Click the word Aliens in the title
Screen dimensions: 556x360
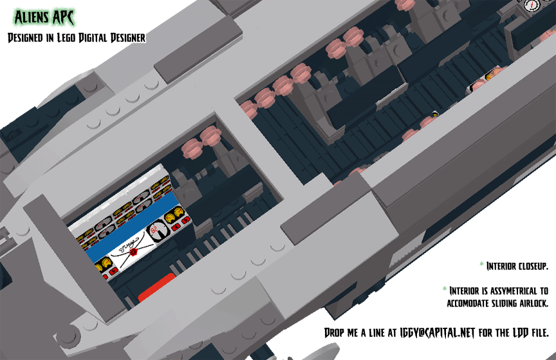(x=32, y=17)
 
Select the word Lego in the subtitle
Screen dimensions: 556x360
(x=66, y=37)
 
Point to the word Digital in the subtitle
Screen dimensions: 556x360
(x=93, y=37)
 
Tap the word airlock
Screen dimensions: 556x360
(x=533, y=303)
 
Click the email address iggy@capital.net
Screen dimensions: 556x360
(x=437, y=333)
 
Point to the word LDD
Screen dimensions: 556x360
(x=521, y=333)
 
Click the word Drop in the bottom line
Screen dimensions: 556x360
(x=334, y=333)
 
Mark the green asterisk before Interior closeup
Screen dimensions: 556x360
(x=481, y=264)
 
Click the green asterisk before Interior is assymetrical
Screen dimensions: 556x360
(x=444, y=289)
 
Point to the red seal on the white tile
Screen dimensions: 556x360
(x=133, y=252)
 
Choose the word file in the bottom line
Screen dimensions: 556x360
(x=540, y=333)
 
